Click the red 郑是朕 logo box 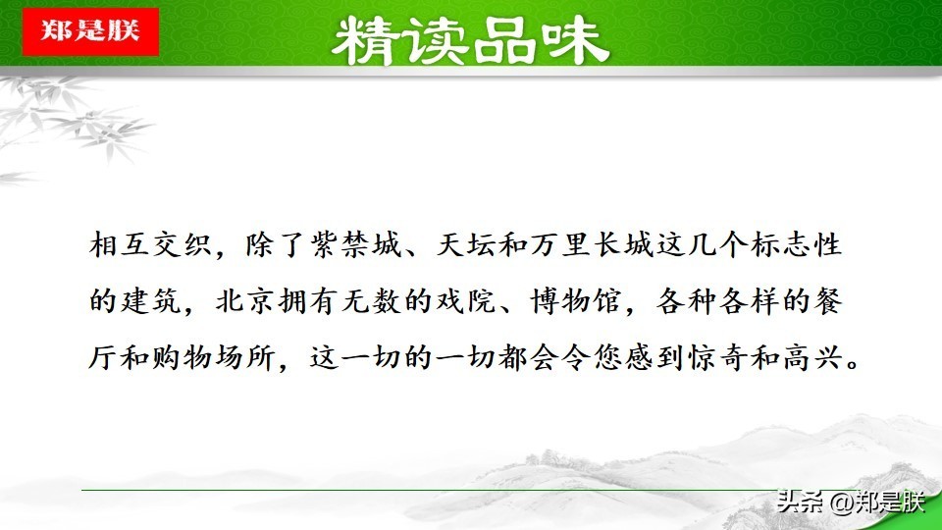[90, 31]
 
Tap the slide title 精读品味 [470, 41]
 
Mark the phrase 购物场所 [215, 357]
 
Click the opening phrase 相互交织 [150, 244]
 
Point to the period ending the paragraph [853, 365]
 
